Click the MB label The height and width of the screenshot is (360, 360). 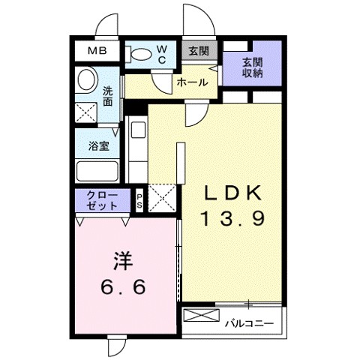coord(97,51)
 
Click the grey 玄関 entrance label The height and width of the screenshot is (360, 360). coord(199,51)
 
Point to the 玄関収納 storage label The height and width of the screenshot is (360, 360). coord(252,67)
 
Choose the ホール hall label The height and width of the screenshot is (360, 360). coord(192,83)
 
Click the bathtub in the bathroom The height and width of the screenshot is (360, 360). coord(97,172)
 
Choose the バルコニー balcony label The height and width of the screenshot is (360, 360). coord(249,324)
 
